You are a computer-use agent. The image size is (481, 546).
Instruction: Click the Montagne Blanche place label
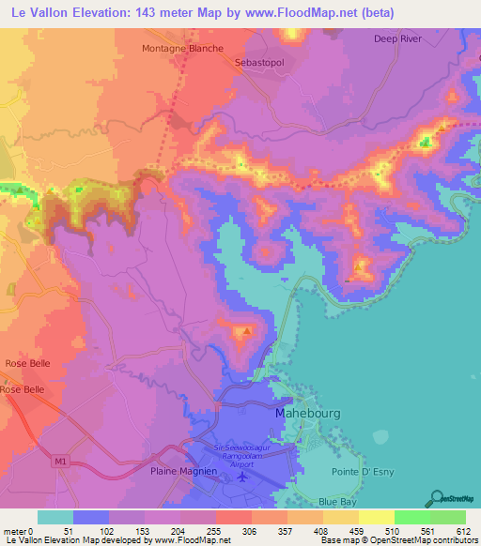pos(182,48)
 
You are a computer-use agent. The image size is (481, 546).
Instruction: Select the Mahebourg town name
pos(307,413)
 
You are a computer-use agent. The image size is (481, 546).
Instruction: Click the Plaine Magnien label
pos(181,472)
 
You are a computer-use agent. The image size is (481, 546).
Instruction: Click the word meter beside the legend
pos(13,531)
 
